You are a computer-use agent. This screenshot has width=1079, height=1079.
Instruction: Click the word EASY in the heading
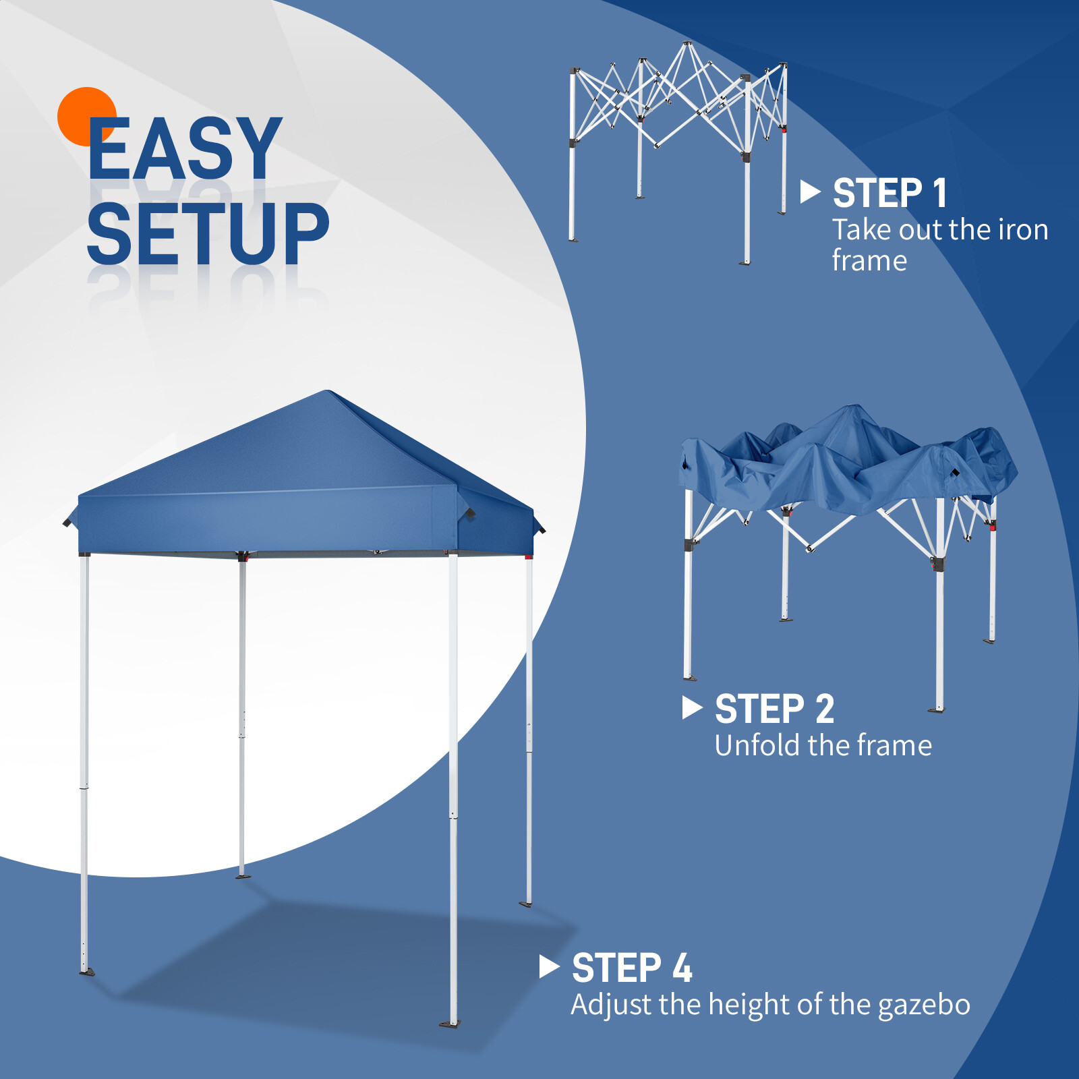(x=184, y=149)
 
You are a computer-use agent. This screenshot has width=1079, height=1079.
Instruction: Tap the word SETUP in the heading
(x=208, y=233)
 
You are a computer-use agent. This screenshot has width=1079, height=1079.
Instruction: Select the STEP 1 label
(x=890, y=194)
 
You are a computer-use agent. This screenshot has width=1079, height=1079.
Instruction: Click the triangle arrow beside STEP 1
(x=809, y=192)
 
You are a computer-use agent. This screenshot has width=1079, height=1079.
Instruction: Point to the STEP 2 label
(x=774, y=709)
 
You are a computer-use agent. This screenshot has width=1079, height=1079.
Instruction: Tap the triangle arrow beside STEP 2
(x=691, y=707)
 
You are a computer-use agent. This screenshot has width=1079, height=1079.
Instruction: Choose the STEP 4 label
(x=632, y=968)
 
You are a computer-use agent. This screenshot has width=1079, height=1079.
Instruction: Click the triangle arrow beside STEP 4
(x=549, y=967)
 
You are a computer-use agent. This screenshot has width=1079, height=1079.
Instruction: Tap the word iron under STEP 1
(x=1022, y=231)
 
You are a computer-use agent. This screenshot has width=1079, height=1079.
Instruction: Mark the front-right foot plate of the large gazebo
(x=450, y=1024)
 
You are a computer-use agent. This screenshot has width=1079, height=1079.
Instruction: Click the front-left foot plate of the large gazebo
(x=87, y=972)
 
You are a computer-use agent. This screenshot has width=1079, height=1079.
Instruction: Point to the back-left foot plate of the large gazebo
(x=243, y=876)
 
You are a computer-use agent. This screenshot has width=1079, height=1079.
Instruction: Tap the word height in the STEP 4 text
(x=749, y=1005)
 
